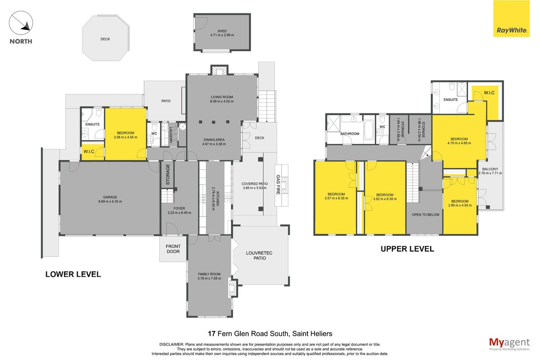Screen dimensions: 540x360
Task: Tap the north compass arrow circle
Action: (21, 22)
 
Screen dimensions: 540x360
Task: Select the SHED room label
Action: (222, 31)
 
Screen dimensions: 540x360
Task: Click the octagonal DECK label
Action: (105, 39)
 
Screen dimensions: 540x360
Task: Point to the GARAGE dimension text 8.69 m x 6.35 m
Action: (110, 202)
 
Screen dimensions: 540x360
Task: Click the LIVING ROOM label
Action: (222, 97)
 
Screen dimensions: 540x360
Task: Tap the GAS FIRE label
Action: (278, 184)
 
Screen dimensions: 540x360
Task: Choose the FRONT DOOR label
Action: (173, 249)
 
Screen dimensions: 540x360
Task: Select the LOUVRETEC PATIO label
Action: (259, 256)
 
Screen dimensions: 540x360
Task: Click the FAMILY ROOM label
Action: (209, 274)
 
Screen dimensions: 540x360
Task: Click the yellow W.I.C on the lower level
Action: (89, 152)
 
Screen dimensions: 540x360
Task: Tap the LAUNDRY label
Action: (171, 135)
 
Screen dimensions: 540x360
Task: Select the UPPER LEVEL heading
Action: (407, 249)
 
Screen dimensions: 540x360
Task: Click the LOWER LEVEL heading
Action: (73, 274)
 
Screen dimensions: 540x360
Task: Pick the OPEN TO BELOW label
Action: (426, 215)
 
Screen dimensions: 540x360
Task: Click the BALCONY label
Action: (490, 169)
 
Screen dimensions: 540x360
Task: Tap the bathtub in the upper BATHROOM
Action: (369, 130)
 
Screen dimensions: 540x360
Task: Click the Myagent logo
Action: (509, 344)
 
